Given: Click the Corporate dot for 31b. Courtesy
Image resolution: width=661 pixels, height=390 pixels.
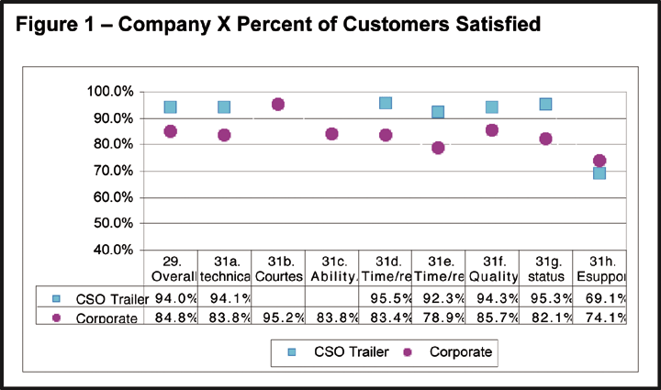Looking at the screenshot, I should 278,105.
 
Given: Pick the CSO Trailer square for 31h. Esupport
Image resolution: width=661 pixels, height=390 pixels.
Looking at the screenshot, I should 599,173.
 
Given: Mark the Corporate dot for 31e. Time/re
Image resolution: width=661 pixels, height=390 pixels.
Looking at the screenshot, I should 438,148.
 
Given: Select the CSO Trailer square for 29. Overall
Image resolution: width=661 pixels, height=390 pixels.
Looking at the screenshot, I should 170,107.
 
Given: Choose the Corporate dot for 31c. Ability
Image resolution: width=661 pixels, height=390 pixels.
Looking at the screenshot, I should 331,134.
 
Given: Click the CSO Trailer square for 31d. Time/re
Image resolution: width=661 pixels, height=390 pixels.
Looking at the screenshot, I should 386,104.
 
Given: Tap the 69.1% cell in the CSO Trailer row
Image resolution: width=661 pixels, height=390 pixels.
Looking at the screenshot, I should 599,297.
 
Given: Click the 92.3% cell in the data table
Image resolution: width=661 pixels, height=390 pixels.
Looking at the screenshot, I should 439,297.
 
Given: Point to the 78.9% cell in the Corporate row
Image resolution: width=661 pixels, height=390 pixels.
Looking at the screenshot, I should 439,317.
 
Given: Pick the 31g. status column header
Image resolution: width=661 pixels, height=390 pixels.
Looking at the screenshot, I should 545,267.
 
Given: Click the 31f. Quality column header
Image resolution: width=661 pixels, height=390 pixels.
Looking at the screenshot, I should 492,267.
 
